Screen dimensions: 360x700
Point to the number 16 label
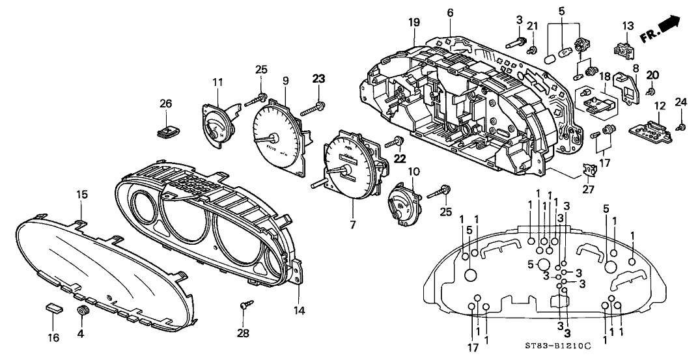[x=53, y=337]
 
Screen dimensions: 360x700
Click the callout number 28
[x=243, y=334]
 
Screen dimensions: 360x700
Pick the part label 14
[x=299, y=311]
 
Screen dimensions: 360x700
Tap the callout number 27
[x=588, y=191]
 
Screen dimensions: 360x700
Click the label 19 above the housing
[x=415, y=23]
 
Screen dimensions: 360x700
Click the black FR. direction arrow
[x=668, y=26]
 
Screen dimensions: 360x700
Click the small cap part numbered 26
[x=168, y=131]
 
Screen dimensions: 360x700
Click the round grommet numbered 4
[x=82, y=310]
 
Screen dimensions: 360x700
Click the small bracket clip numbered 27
[x=589, y=171]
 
